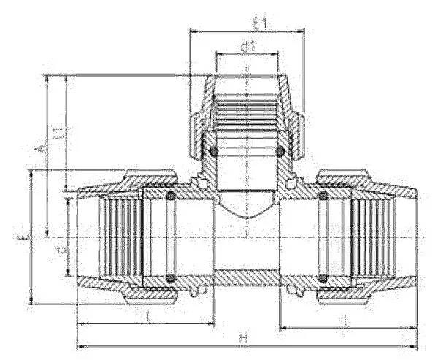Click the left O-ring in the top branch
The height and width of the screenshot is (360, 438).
[212, 151]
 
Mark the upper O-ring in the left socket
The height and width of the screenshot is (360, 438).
[170, 196]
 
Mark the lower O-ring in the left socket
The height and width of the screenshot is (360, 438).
[170, 277]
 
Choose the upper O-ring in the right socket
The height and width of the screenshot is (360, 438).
[322, 196]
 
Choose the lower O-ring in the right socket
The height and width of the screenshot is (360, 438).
[322, 277]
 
